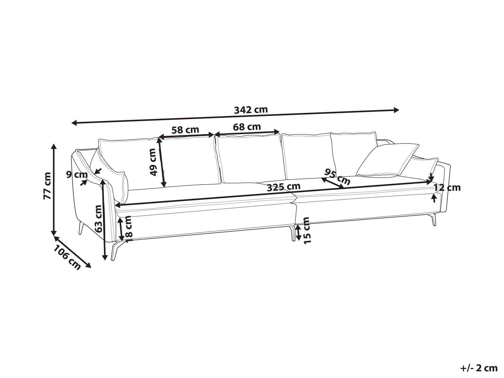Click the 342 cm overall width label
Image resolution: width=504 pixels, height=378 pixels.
click(x=251, y=110)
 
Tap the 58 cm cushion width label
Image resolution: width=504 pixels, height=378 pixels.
click(x=185, y=130)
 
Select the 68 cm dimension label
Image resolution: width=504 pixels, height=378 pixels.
click(x=247, y=127)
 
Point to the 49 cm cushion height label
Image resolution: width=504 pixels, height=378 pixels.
click(x=153, y=162)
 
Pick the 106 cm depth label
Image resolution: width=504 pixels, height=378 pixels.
click(x=67, y=257)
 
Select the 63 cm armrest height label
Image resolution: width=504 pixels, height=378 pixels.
click(x=98, y=219)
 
